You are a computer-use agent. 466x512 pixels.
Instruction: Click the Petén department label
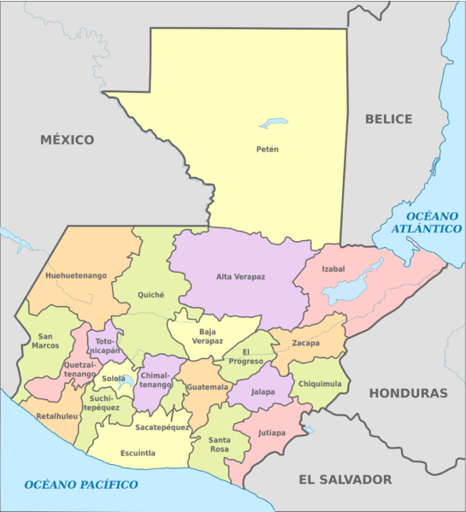click(268, 150)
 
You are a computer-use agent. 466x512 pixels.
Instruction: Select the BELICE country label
click(388, 119)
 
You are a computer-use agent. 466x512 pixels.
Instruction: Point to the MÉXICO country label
click(66, 138)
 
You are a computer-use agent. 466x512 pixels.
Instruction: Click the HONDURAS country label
click(408, 393)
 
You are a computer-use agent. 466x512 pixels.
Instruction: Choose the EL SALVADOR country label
click(345, 480)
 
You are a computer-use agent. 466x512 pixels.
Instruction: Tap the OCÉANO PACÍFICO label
click(81, 485)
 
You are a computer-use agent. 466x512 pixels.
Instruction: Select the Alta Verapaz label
click(240, 276)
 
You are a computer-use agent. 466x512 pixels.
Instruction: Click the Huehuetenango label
click(76, 275)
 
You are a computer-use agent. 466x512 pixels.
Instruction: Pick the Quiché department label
click(151, 295)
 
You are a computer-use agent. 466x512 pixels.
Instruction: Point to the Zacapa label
click(304, 343)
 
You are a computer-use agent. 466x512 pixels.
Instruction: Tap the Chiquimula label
click(320, 384)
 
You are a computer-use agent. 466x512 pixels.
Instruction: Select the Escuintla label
click(138, 453)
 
